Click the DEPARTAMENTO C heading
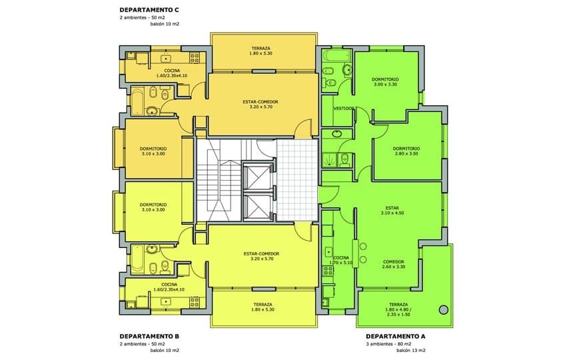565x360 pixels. click(x=149, y=10)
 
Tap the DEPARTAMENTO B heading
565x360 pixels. click(x=149, y=337)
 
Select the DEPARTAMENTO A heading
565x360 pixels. click(x=396, y=337)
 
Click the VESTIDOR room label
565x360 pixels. click(x=344, y=108)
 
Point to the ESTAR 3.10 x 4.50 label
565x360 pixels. click(x=392, y=210)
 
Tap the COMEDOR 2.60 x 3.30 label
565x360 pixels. click(x=394, y=264)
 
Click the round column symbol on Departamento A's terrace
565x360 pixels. click(x=444, y=309)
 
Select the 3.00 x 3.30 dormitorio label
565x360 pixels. click(x=385, y=81)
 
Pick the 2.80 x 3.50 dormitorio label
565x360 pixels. click(x=406, y=151)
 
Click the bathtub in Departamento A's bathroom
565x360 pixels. click(x=337, y=55)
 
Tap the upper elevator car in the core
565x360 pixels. click(x=258, y=177)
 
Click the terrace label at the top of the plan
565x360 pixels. click(x=261, y=51)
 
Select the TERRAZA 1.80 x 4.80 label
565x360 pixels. click(x=398, y=309)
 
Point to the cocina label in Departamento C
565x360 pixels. click(x=172, y=73)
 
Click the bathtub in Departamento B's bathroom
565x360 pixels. click(x=137, y=258)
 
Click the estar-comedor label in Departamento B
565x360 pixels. click(x=261, y=256)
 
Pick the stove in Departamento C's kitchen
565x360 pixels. click(x=195, y=58)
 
